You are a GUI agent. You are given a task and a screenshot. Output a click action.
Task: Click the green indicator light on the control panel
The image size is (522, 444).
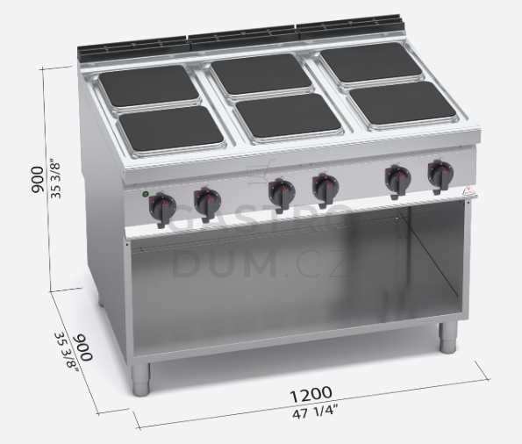coord(145,194)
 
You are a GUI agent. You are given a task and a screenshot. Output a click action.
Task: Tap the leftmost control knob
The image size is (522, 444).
coord(162,209)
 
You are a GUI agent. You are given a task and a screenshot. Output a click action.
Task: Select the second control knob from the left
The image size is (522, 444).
coord(207,204)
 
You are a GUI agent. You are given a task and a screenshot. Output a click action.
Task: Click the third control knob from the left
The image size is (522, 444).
coord(282,195)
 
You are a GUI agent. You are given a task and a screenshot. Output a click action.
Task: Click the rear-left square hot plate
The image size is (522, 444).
coord(149,86)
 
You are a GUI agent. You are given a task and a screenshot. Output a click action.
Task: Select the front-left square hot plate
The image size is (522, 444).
coord(171,128)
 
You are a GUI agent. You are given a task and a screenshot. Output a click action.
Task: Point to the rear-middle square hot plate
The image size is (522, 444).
coord(261,74)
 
